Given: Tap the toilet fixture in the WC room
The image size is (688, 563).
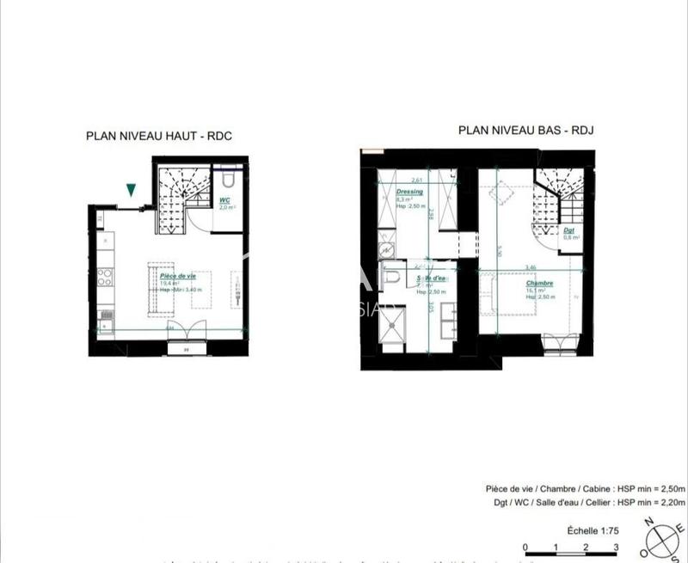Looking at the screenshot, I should (229, 181).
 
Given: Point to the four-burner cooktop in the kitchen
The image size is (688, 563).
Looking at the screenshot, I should (105, 277).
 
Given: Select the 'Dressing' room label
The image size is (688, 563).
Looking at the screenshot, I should (408, 192).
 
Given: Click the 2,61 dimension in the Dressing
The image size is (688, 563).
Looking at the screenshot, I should (417, 181).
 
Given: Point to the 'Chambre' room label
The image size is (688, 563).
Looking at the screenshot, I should (541, 284).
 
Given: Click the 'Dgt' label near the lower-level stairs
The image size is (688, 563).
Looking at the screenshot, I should (568, 229).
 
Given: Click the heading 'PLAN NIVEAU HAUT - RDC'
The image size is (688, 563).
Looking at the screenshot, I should (160, 135).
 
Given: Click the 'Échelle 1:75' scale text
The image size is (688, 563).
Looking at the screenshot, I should (575, 530).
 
